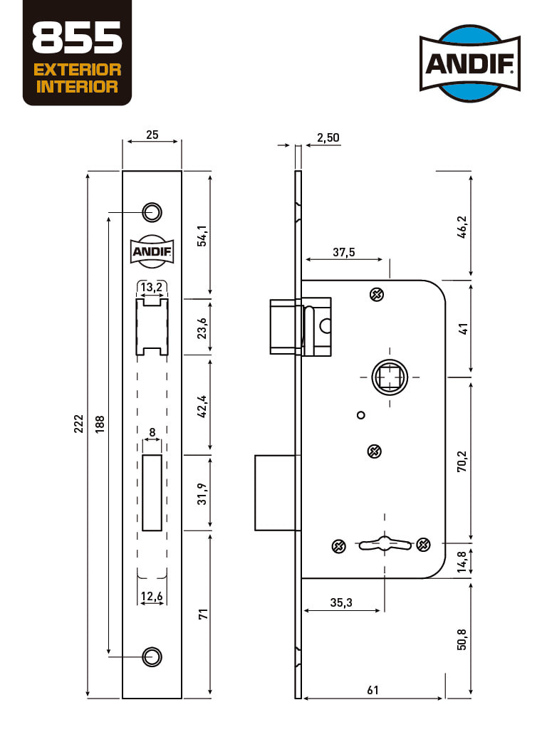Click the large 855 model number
coord(78,38)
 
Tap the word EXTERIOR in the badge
coord(78,70)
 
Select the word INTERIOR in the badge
coord(77,86)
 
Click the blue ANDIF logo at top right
coord(470,63)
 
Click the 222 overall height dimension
coord(78,424)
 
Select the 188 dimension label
coord(100,424)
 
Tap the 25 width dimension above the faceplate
coord(152,135)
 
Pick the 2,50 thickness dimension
coord(328,137)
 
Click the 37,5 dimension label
coord(344,252)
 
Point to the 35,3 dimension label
coord(341,602)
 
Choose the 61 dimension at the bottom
coord(373,690)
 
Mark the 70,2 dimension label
coord(462,461)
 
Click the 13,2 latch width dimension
coord(152,287)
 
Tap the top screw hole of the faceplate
coord(152,212)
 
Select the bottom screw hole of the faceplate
coord(152,656)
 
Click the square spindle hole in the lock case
coord(390,377)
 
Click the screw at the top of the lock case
coord(377,295)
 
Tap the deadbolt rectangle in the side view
coord(277,493)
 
